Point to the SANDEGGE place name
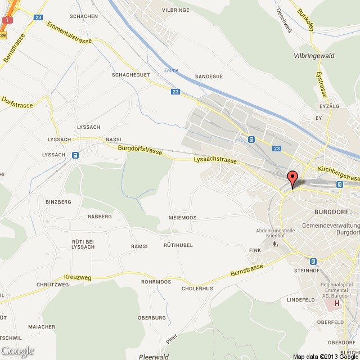(x=209, y=76)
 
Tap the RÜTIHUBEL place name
(x=178, y=245)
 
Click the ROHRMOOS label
(x=156, y=281)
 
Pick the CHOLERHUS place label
(x=197, y=289)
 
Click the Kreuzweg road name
(x=78, y=277)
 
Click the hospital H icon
(x=337, y=304)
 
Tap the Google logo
(x=17, y=352)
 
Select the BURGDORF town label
(x=323, y=212)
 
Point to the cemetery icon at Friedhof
(x=275, y=244)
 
